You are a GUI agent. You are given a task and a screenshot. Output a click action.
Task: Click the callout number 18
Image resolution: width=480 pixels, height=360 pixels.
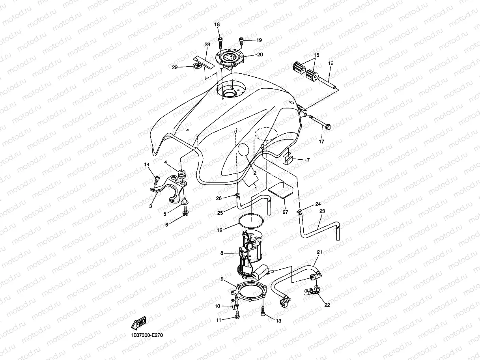pos(217,25)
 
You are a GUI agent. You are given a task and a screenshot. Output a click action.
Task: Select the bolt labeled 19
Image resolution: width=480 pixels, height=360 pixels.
pos(241,40)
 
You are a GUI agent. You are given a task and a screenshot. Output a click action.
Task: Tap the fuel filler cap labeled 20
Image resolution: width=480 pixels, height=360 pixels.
pos(230,59)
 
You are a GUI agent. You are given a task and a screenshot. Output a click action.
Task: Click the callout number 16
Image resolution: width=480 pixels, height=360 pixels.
pos(331,63)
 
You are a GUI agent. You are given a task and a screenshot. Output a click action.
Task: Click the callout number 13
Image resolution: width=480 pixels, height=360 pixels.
pos(278,321)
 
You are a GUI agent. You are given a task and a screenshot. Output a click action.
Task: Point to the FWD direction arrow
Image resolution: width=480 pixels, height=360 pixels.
pos(140,323)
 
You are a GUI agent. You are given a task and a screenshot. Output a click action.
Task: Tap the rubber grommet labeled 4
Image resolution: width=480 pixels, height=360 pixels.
pos(182,173)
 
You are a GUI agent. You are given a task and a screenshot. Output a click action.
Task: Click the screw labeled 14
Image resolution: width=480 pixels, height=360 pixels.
pos(157,179)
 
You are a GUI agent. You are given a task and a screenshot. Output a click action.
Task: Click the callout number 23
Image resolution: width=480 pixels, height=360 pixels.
pos(322,211)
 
